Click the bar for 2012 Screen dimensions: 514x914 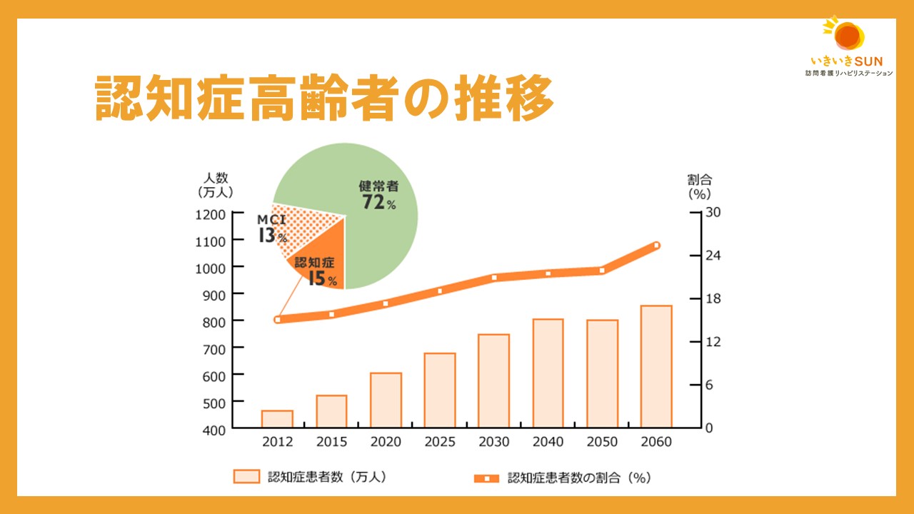pos(277,419)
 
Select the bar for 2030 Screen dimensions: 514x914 pos(493,381)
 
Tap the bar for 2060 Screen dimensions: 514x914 pos(656,366)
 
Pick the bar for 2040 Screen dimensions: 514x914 pos(548,373)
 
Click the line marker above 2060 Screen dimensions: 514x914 pos(656,246)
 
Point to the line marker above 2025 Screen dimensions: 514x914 pos(440,291)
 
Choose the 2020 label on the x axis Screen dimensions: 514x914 pos(386,442)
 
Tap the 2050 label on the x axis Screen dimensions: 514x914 pos(602,442)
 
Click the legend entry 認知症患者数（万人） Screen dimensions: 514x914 pos(310,477)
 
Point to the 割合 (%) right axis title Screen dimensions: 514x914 pos(699,186)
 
